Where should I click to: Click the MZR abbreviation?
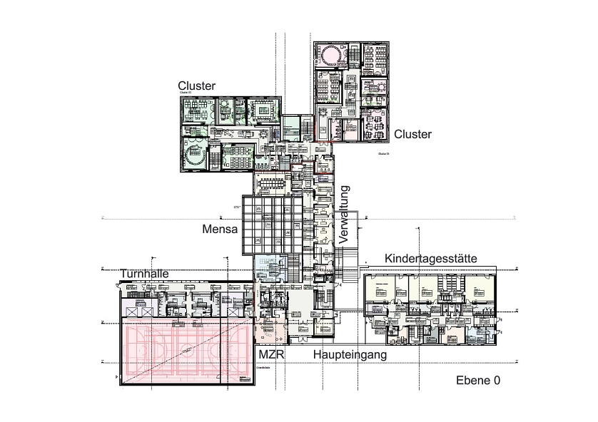pos(271,354)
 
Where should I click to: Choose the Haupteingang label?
pos(350,354)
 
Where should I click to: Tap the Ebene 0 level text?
pos(477,381)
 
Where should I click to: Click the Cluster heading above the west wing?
pos(196,86)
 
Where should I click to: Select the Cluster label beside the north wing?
pos(412,134)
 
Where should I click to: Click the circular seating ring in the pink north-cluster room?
pos(331,54)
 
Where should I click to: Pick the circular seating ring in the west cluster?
pos(194,155)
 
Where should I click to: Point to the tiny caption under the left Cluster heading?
pos(185,93)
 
